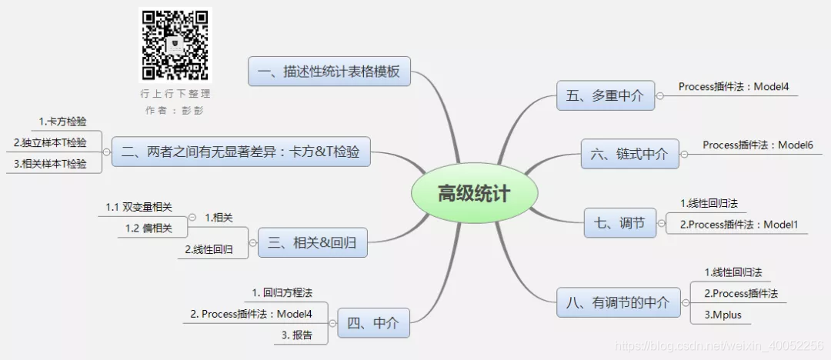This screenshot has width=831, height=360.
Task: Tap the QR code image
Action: (175, 45)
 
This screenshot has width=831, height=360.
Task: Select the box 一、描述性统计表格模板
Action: (329, 72)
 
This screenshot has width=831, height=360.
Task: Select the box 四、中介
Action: (373, 323)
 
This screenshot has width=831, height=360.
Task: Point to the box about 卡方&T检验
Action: (241, 152)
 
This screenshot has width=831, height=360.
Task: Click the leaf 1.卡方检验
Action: (62, 122)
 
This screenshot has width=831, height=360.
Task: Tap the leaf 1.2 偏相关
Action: (149, 228)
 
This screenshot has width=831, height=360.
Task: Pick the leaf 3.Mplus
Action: (723, 315)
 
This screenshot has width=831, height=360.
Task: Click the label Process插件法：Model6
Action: (757, 145)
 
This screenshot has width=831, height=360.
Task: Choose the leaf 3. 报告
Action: (297, 335)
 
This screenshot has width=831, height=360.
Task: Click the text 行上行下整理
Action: (175, 94)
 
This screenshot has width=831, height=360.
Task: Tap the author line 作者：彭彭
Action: (175, 110)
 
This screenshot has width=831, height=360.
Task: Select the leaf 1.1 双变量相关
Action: (139, 207)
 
